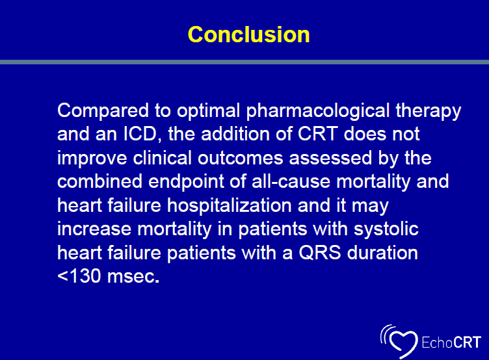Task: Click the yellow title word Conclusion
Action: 248,34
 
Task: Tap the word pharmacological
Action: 318,112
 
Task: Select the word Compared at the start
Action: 103,112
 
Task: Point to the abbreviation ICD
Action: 140,134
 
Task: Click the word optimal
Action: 208,112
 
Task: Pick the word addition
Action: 235,134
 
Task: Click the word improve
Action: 92,159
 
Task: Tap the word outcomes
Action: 240,158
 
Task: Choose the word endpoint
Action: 186,183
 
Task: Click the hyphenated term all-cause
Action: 291,181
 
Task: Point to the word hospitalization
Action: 229,207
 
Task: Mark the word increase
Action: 94,229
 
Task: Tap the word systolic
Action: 386,230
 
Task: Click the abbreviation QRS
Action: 320,253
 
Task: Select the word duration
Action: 382,253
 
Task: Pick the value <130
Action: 79,276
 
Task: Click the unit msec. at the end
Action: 133,277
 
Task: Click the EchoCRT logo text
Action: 451,342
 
